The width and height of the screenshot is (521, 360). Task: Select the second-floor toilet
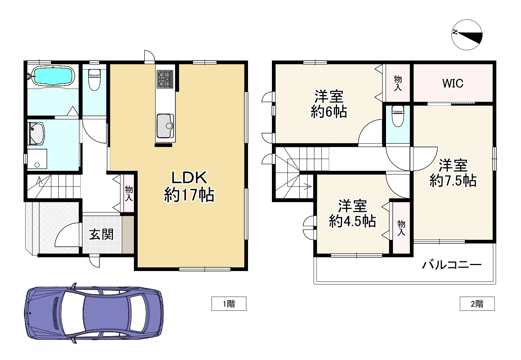(398, 116)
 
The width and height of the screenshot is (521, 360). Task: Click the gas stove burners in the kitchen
(165, 80)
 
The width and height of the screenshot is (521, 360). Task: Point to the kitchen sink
(165, 126)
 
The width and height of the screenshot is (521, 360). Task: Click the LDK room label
(189, 178)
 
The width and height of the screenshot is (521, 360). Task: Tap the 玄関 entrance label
(101, 234)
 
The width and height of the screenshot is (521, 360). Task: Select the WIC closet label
(453, 83)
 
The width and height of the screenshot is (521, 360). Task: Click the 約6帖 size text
(329, 112)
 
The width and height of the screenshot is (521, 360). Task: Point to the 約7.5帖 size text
(453, 180)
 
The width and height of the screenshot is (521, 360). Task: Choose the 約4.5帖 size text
(352, 221)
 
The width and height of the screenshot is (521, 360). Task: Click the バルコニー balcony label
(452, 265)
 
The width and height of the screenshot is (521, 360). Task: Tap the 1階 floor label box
(229, 304)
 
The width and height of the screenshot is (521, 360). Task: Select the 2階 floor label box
(477, 304)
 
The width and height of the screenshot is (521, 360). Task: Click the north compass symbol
(467, 35)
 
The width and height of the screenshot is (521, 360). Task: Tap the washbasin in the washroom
(36, 133)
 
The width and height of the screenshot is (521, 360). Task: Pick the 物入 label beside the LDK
(129, 193)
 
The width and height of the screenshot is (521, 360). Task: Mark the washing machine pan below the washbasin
(37, 159)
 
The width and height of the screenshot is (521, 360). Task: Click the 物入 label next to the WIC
(398, 83)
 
